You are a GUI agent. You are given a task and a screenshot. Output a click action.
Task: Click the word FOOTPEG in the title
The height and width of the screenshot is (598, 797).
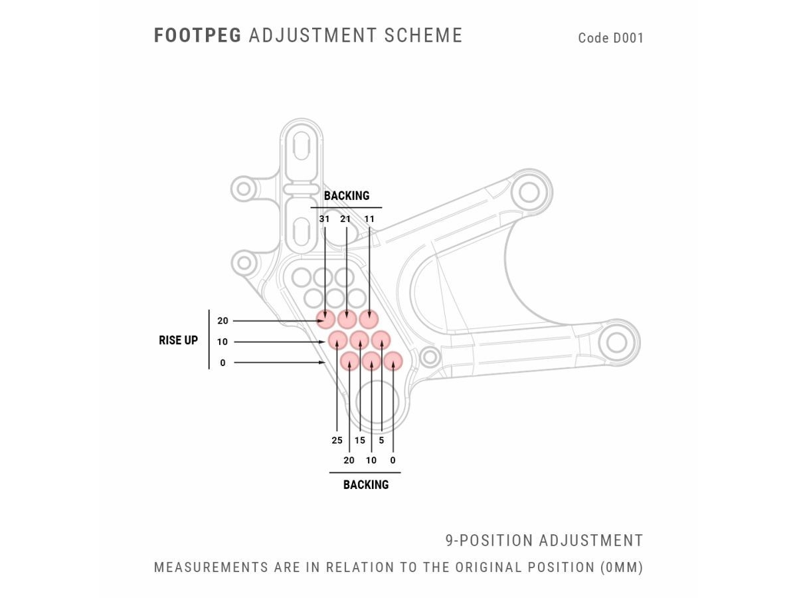point(197,35)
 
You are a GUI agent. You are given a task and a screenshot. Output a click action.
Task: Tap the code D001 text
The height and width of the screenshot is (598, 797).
point(610,38)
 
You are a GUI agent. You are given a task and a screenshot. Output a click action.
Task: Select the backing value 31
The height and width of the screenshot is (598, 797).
point(324,219)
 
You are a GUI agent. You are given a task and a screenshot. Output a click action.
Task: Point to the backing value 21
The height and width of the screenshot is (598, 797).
point(345,219)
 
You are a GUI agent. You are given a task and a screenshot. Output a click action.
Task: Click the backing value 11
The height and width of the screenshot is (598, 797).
point(369,219)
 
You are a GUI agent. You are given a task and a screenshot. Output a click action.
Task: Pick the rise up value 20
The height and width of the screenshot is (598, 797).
point(222,321)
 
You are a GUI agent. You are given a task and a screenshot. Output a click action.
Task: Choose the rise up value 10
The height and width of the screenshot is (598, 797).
point(222,342)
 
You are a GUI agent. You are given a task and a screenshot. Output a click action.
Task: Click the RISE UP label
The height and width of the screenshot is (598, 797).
point(178,340)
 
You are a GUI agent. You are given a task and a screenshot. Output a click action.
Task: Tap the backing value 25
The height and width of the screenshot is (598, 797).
point(337,440)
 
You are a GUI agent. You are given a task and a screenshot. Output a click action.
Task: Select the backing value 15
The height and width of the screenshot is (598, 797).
point(360,440)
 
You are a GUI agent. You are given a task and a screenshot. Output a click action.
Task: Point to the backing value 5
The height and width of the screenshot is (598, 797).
point(381,440)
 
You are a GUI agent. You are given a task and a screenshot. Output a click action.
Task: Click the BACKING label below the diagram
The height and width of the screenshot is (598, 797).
point(365,485)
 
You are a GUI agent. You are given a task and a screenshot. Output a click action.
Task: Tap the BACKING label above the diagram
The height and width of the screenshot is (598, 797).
point(346,196)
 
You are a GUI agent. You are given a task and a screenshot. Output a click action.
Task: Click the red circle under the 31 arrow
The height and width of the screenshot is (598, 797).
point(325,319)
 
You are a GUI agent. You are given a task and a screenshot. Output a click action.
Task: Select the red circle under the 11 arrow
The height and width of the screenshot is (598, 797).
point(369,319)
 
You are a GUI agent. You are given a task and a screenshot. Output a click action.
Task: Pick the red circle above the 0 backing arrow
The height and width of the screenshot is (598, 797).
point(393,361)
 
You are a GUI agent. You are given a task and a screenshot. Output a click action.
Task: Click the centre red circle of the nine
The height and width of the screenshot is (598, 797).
point(359,340)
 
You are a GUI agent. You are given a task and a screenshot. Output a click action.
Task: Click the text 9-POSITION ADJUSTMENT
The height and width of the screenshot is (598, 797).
point(544,541)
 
